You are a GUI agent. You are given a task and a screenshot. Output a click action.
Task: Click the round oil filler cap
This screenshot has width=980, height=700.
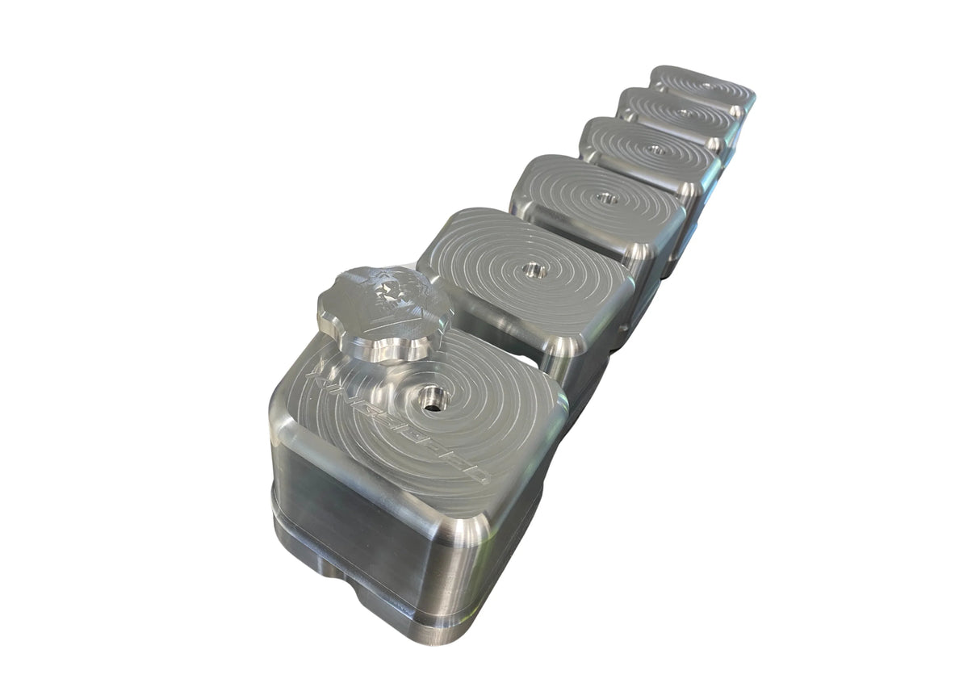(384, 312)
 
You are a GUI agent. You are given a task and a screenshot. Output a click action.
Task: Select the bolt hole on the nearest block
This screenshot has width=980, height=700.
(433, 396)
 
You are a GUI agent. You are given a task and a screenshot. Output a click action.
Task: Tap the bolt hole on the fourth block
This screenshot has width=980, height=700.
(656, 150)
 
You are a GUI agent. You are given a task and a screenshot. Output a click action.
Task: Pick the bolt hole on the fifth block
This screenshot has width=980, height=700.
(685, 113)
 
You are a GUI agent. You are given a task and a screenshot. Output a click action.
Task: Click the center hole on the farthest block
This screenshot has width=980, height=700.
(706, 86)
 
